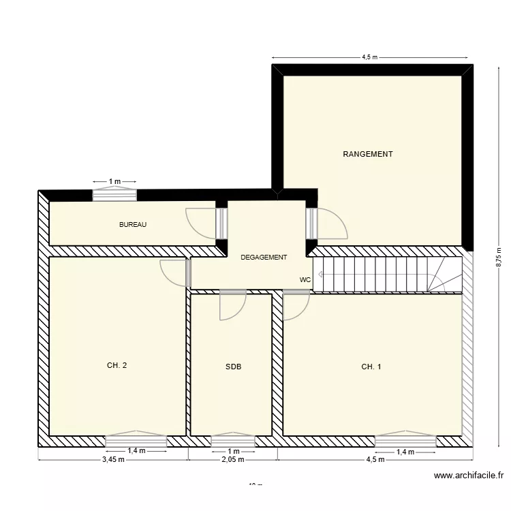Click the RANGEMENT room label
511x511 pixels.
367,155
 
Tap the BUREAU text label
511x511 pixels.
133,225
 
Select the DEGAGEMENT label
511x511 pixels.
264,258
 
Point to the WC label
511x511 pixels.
305,280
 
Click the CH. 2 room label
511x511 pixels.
117,366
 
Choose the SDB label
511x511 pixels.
234,367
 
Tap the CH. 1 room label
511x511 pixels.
371,367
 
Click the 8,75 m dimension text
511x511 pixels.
498,257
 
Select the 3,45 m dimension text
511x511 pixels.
113,459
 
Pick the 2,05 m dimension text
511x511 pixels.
233,459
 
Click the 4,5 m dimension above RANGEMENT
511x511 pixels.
370,58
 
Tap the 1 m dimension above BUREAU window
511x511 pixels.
114,181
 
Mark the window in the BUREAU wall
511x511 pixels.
114,195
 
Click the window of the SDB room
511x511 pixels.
233,442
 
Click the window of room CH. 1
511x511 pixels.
405,442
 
